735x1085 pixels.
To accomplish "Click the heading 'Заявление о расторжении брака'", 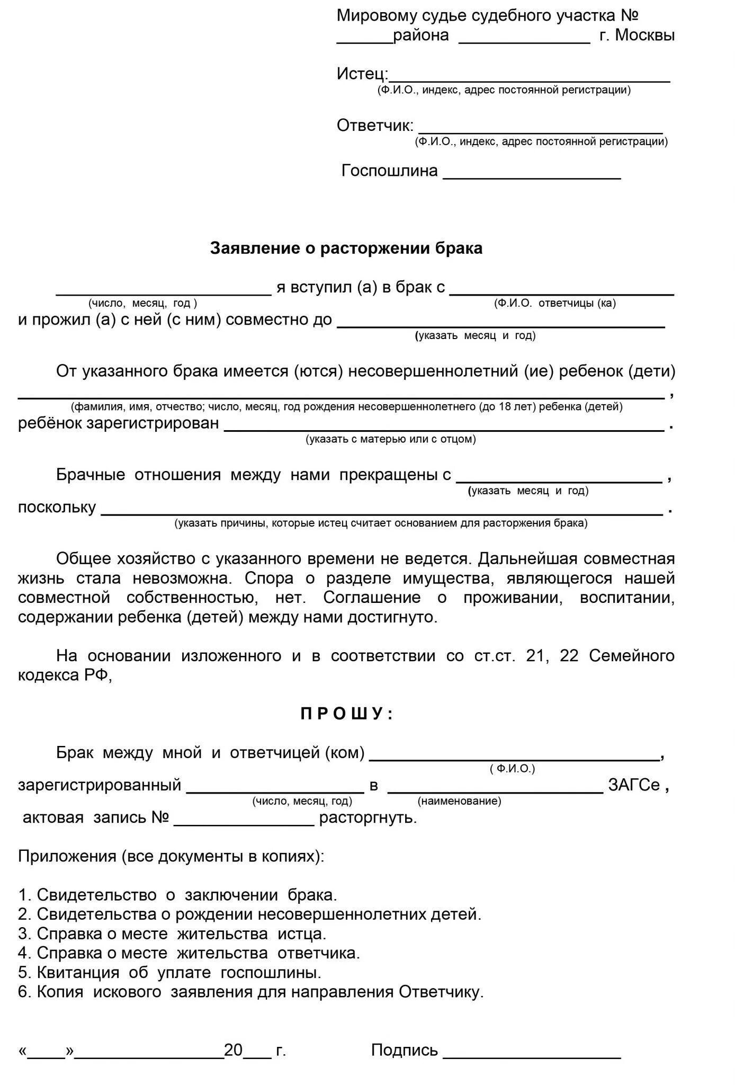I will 346,248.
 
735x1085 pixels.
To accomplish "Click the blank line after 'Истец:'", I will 530,78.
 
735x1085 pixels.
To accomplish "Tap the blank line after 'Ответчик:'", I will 540,130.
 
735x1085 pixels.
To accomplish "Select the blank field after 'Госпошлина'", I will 531,176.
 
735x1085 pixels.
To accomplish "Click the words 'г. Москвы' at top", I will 637,35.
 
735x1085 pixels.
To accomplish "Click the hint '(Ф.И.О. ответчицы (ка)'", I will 554,303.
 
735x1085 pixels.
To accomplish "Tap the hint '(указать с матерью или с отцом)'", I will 390,439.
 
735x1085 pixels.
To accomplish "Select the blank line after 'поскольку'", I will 381,511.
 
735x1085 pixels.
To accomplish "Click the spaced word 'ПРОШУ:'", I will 347,714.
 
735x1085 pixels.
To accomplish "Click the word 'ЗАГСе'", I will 634,785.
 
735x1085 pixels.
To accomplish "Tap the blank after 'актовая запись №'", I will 244,822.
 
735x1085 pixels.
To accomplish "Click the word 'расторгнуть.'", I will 368,817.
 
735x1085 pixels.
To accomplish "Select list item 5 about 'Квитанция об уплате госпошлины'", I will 169,973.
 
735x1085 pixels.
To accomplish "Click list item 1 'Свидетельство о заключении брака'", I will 177,895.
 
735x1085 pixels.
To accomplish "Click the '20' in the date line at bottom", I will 233,1050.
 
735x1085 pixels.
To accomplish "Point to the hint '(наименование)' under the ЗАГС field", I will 459,801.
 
